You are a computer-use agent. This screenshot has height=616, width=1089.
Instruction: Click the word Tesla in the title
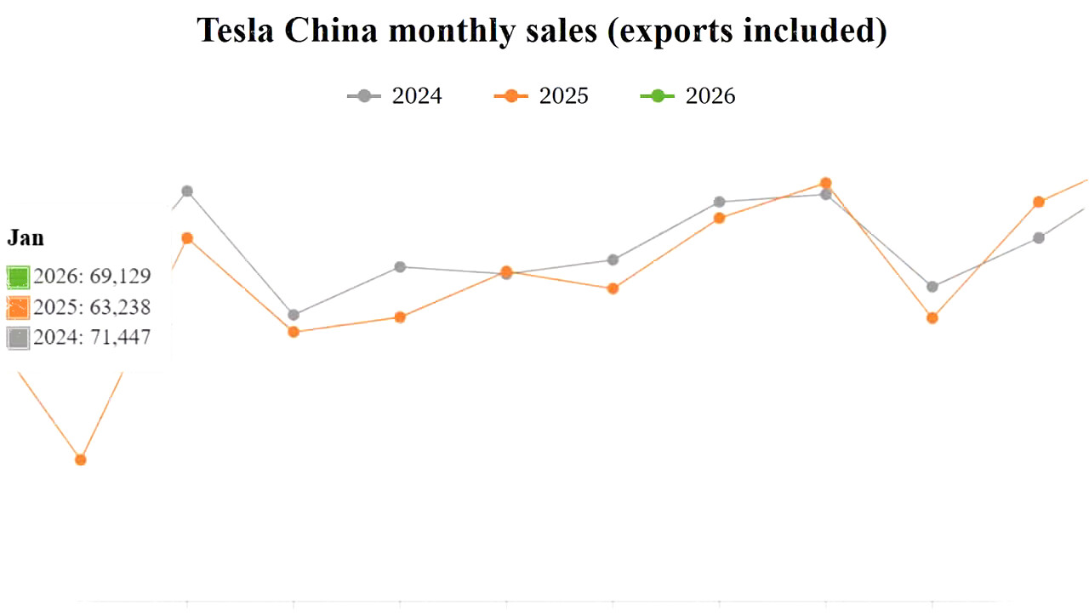237,31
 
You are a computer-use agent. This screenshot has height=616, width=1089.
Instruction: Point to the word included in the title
816,31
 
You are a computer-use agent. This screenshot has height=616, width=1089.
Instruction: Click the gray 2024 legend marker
364,96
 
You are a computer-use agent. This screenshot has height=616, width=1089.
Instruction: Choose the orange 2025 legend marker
511,96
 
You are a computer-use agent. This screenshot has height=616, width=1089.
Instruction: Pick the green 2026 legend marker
658,96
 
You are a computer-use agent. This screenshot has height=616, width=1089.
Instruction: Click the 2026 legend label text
710,96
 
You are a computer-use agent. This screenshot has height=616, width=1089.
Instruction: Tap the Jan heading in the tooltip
26,238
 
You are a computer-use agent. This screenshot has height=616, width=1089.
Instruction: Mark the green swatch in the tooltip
18,277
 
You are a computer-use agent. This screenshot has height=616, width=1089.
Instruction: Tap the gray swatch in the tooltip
18,338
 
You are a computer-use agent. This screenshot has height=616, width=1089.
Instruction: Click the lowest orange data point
81,459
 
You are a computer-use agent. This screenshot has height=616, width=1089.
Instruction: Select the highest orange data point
825,183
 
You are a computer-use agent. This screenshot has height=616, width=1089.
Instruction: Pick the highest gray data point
187,191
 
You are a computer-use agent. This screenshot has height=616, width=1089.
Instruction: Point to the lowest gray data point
294,315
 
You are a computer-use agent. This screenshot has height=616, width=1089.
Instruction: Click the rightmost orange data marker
1039,202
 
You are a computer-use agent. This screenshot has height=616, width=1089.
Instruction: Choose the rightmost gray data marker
1039,237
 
